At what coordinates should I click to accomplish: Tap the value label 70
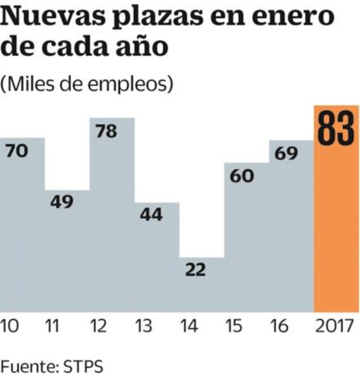[17, 152]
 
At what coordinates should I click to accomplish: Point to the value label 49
[62, 203]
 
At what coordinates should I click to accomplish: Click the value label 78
[107, 132]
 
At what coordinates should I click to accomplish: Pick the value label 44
[152, 215]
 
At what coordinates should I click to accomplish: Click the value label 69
[286, 154]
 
